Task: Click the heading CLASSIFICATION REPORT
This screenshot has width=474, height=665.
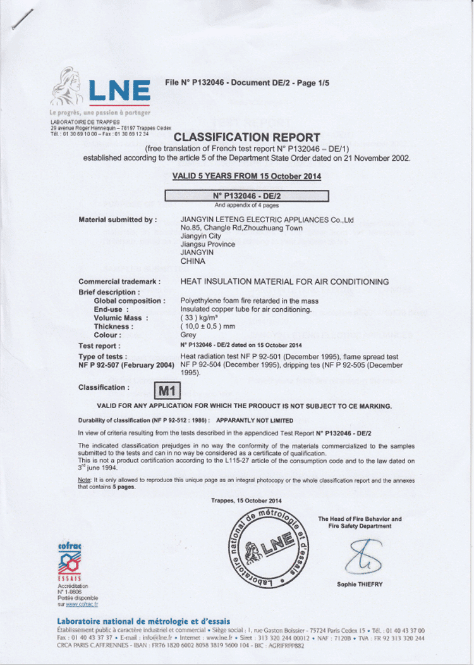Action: [246, 137]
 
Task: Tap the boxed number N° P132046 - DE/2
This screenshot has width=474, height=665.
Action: [246, 196]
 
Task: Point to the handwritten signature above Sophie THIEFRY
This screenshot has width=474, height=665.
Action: [360, 556]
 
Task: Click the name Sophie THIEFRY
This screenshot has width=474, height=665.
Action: [360, 584]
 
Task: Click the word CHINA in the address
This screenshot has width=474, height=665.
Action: [193, 261]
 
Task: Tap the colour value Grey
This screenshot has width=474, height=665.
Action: [188, 335]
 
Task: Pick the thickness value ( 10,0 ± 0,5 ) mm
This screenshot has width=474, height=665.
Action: [212, 326]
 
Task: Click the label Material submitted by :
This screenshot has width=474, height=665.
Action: [118, 220]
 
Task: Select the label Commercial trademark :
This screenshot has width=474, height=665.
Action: [119, 281]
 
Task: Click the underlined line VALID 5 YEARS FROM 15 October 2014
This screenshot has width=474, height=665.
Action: [246, 176]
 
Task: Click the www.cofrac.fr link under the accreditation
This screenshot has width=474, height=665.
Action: [82, 605]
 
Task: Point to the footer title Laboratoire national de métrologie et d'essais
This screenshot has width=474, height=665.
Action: [143, 621]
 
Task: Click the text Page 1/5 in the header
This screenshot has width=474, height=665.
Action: [314, 83]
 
